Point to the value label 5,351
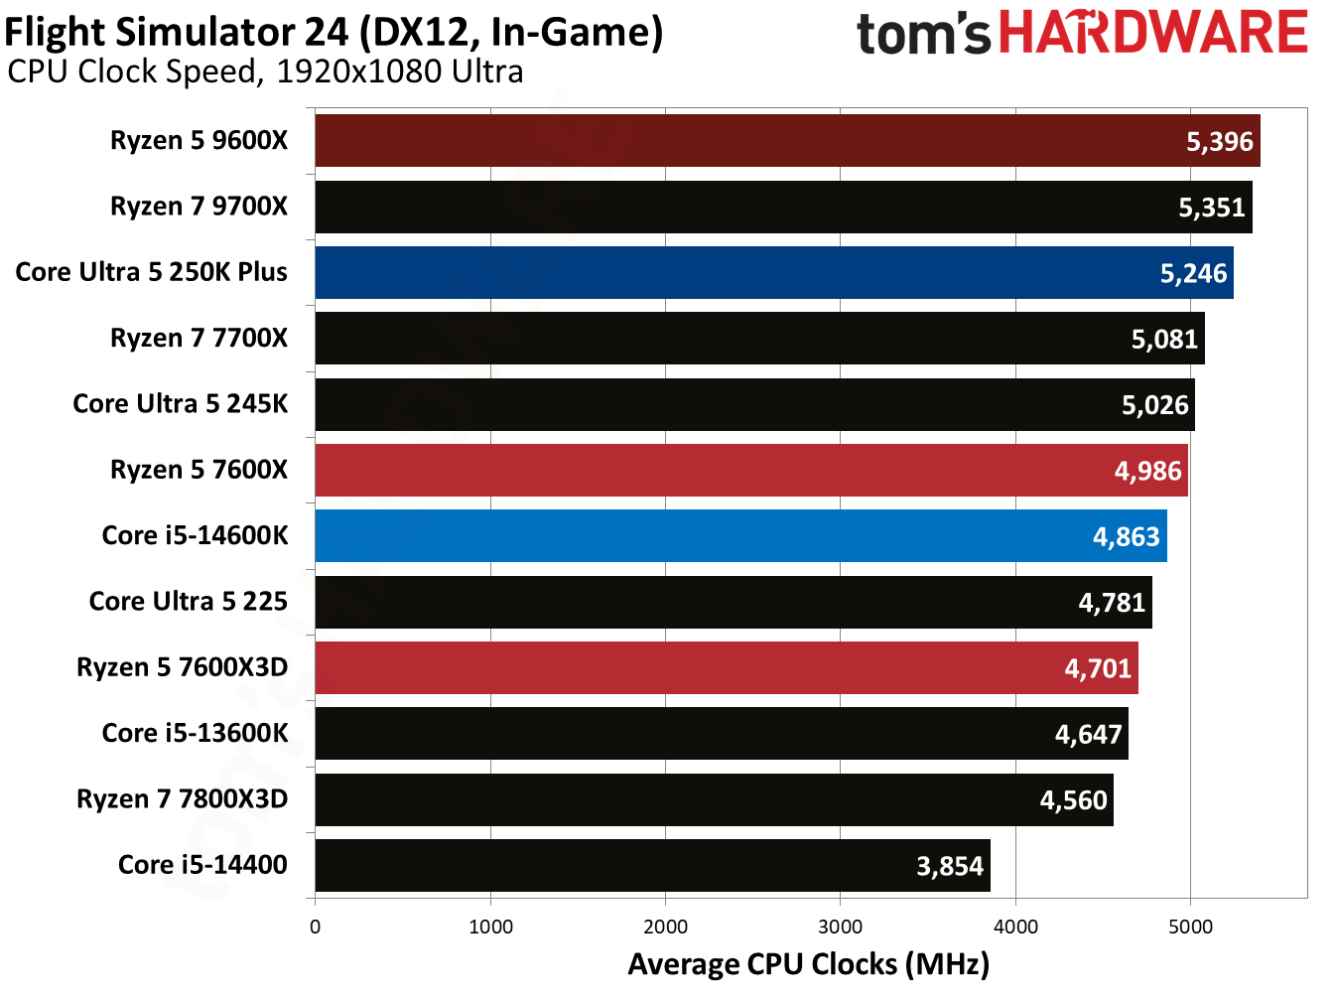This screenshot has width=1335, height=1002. (1211, 208)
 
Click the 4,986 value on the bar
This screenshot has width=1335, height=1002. (1147, 471)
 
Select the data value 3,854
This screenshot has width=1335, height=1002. (949, 866)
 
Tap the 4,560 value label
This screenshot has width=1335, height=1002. (1073, 800)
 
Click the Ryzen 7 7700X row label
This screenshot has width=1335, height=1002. (199, 339)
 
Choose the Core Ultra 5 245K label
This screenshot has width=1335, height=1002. (180, 404)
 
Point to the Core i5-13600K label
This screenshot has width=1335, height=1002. (195, 734)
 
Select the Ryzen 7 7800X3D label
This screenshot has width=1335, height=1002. (182, 799)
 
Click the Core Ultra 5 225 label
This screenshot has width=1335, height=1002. (188, 602)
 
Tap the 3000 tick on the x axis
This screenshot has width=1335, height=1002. (840, 927)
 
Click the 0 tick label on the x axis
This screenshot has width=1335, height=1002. (315, 927)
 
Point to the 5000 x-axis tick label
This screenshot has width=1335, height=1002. (1190, 927)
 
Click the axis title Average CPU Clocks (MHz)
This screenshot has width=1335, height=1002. (808, 964)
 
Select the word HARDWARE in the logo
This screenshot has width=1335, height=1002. (1152, 33)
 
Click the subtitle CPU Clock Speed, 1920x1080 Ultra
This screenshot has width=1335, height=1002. (265, 72)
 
